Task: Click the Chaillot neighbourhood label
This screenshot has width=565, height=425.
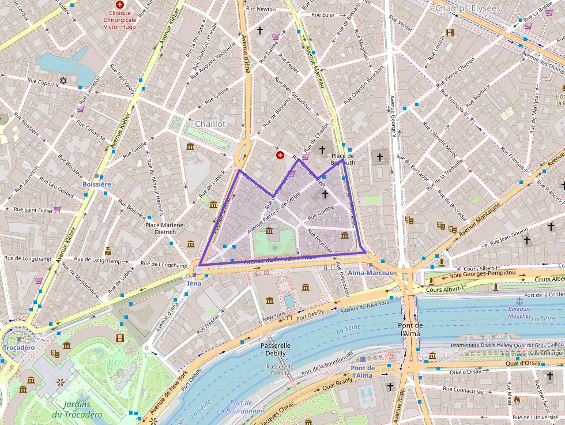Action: tap(210, 124)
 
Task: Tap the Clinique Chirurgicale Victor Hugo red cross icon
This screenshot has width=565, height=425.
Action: tap(120, 4)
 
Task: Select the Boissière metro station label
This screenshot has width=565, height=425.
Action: tap(96, 184)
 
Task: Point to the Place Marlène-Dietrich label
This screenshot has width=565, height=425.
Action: tap(165, 229)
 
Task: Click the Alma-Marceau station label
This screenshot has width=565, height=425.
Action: tap(371, 272)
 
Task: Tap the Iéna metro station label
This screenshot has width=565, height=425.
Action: tap(194, 284)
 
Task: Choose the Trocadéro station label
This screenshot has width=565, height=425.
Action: tap(18, 348)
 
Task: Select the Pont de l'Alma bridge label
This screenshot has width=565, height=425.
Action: tap(410, 330)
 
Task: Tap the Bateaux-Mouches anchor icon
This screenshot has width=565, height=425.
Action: tap(519, 301)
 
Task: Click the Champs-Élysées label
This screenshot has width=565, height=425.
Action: tap(468, 9)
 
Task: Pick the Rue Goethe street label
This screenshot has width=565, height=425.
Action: tap(322, 214)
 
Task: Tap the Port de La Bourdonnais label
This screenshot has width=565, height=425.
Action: tap(240, 407)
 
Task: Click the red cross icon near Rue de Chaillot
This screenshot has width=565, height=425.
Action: tap(280, 155)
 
